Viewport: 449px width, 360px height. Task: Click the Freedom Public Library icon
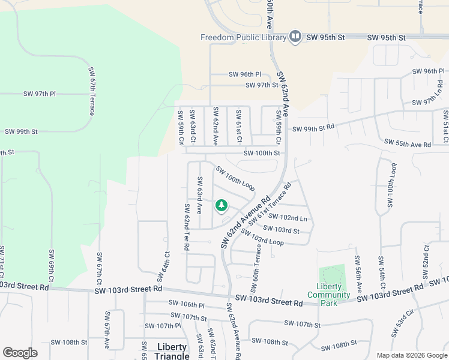(x=295, y=37)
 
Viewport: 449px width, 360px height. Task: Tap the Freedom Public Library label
(x=243, y=38)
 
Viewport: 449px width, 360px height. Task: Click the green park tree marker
(x=221, y=206)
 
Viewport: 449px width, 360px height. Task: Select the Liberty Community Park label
(x=328, y=290)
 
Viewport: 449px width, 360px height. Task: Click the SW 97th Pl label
(x=40, y=94)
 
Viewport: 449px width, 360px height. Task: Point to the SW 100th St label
(x=262, y=153)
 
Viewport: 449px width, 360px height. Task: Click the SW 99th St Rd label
(x=313, y=128)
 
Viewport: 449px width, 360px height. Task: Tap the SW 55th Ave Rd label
(x=408, y=145)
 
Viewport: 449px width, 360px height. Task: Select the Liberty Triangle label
(x=172, y=351)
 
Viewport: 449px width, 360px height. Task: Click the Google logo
(x=20, y=353)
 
